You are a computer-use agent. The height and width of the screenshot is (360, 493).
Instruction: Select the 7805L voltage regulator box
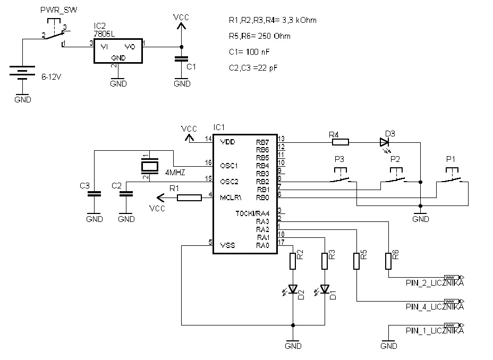[x=118, y=50]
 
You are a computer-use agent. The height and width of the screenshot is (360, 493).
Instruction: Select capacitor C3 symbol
[x=94, y=195]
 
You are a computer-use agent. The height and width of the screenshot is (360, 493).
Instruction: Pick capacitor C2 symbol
[x=126, y=195]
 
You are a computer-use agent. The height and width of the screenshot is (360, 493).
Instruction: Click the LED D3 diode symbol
[x=384, y=142]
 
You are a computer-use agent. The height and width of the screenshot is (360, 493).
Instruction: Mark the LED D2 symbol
[x=293, y=290]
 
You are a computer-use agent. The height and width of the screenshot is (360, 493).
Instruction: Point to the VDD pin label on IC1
[x=227, y=142]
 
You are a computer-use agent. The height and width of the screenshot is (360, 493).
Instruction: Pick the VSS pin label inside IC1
[x=227, y=245]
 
